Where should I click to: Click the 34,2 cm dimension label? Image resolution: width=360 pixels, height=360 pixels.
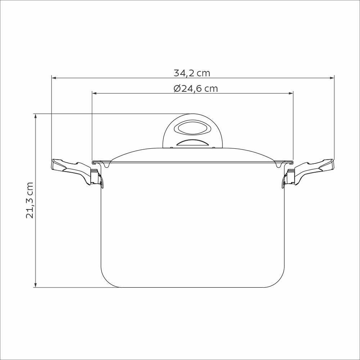pyautogui.click(x=192, y=73)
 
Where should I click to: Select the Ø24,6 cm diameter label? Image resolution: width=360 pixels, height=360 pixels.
pyautogui.click(x=195, y=89)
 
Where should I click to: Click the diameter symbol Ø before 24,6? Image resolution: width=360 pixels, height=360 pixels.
pyautogui.click(x=177, y=89)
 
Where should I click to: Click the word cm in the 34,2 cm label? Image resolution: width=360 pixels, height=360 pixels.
pyautogui.click(x=203, y=73)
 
